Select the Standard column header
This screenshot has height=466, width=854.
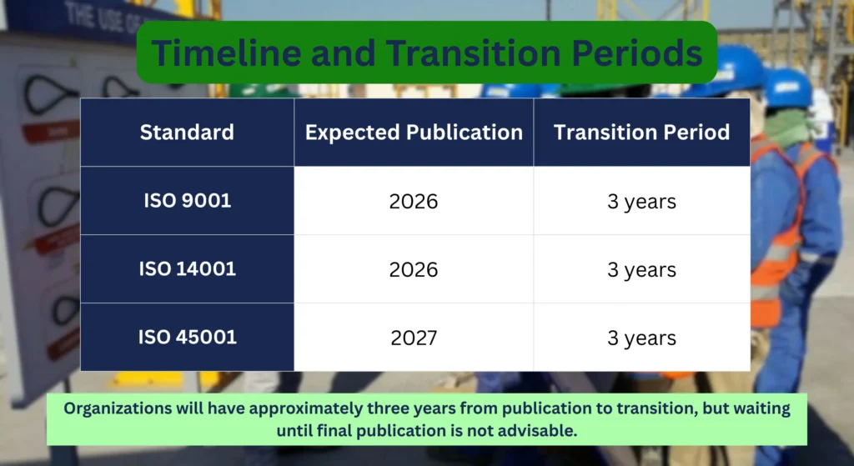click(x=187, y=132)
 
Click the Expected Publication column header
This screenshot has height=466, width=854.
click(x=414, y=132)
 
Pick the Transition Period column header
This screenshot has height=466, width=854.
click(x=641, y=132)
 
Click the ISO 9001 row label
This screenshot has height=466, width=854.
click(x=187, y=201)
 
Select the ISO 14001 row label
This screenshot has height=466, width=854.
click(x=187, y=269)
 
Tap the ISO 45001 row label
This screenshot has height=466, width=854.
click(x=187, y=338)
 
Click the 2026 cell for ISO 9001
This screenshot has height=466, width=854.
click(x=414, y=202)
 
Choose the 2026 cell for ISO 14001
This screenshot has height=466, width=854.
click(x=414, y=270)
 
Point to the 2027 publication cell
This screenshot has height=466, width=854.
click(x=414, y=338)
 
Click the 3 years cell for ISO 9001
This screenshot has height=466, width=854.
click(x=641, y=202)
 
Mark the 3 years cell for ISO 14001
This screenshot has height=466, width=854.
click(x=641, y=270)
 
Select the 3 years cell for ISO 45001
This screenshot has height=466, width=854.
click(x=641, y=338)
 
